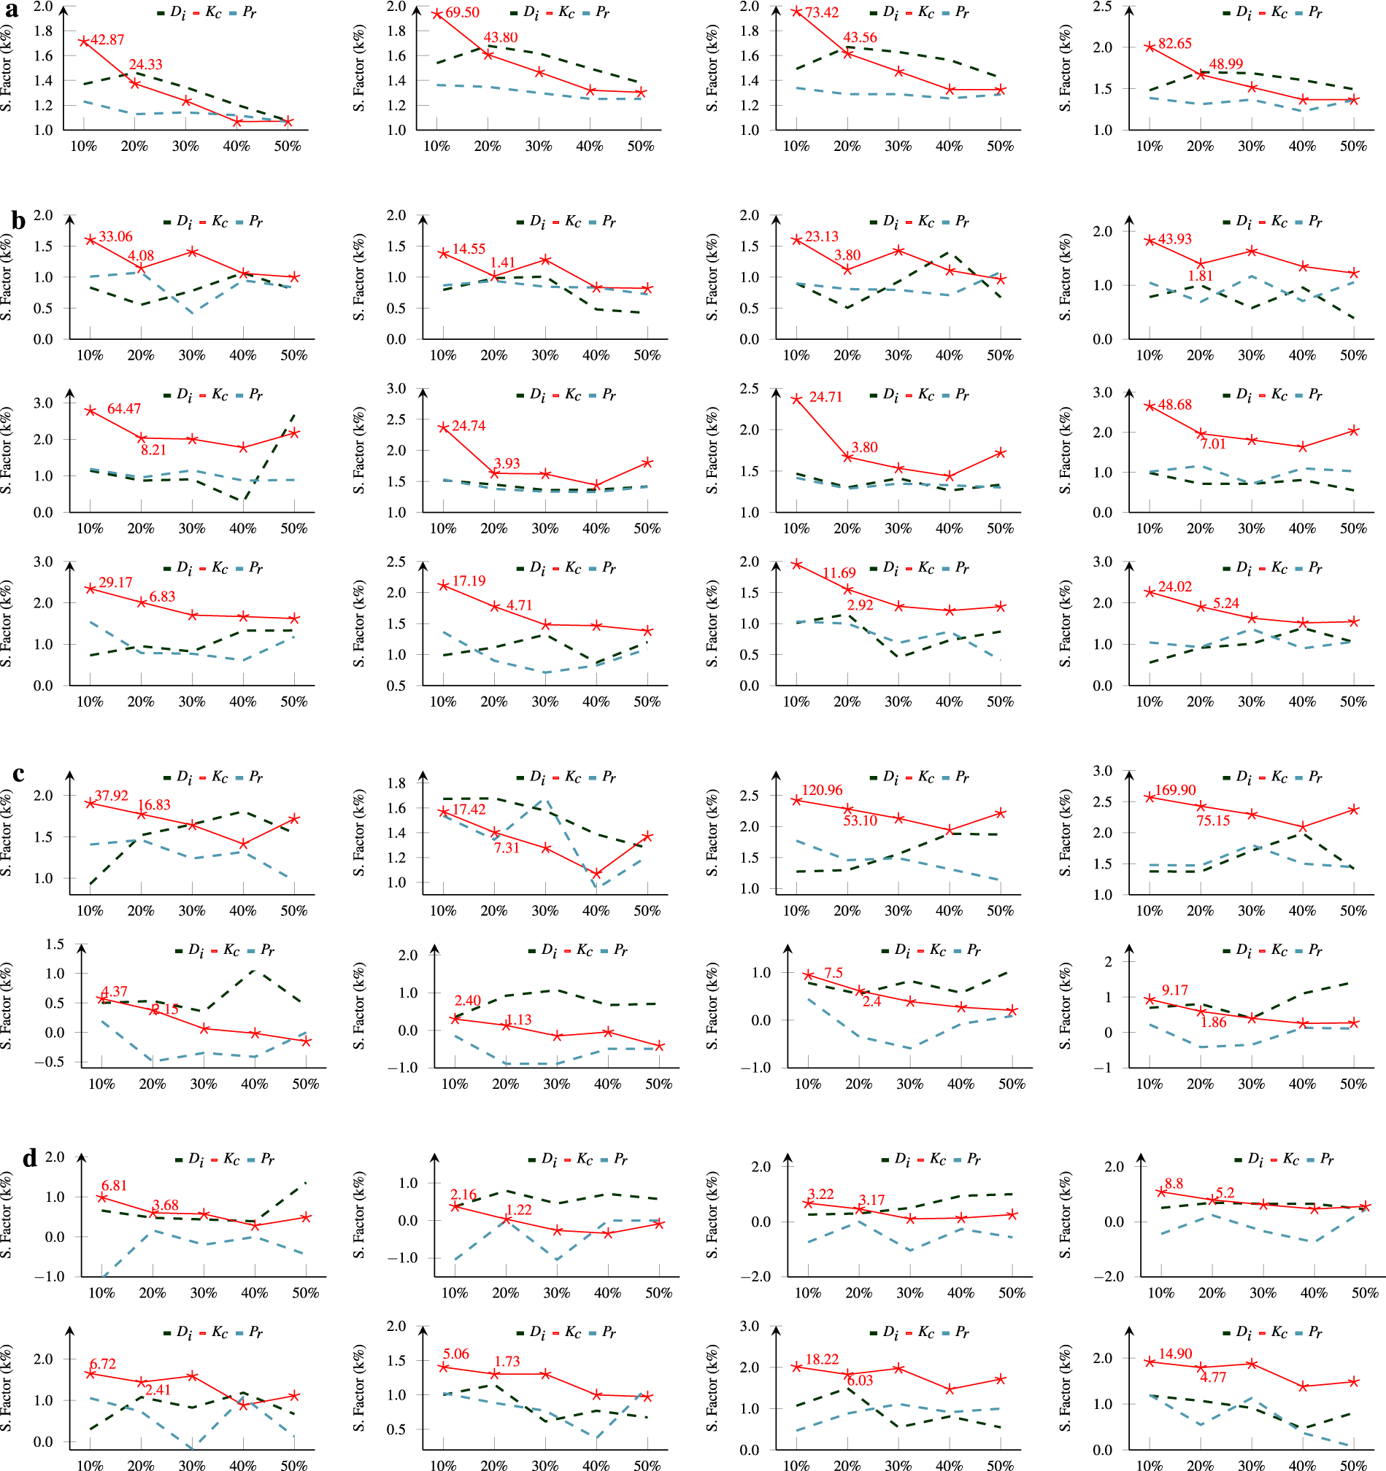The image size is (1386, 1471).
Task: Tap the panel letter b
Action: pyautogui.click(x=18, y=220)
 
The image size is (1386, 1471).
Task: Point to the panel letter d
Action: pyautogui.click(x=30, y=1157)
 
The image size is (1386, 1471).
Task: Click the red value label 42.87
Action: pyautogui.click(x=107, y=40)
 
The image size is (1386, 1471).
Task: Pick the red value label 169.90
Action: pyautogui.click(x=1175, y=791)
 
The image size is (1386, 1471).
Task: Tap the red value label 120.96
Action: pyautogui.click(x=822, y=791)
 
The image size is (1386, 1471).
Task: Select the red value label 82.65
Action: pyautogui.click(x=1175, y=44)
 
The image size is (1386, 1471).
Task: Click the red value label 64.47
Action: pyautogui.click(x=123, y=408)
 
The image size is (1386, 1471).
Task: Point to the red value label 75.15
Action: pyautogui.click(x=1213, y=820)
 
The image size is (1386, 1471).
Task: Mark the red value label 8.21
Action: pyautogui.click(x=153, y=450)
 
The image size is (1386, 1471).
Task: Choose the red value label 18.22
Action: pyautogui.click(x=822, y=1359)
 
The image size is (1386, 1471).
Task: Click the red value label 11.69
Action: pyautogui.click(x=839, y=573)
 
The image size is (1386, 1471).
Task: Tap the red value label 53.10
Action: pyautogui.click(x=860, y=820)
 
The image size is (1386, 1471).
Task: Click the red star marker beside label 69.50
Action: pyautogui.click(x=437, y=14)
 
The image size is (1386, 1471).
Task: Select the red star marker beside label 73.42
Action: pyautogui.click(x=797, y=11)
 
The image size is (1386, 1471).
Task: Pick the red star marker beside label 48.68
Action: pyautogui.click(x=1150, y=406)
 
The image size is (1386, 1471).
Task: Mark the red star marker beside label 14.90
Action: pyautogui.click(x=1150, y=1362)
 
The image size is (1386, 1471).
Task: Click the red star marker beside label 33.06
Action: pyautogui.click(x=91, y=240)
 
